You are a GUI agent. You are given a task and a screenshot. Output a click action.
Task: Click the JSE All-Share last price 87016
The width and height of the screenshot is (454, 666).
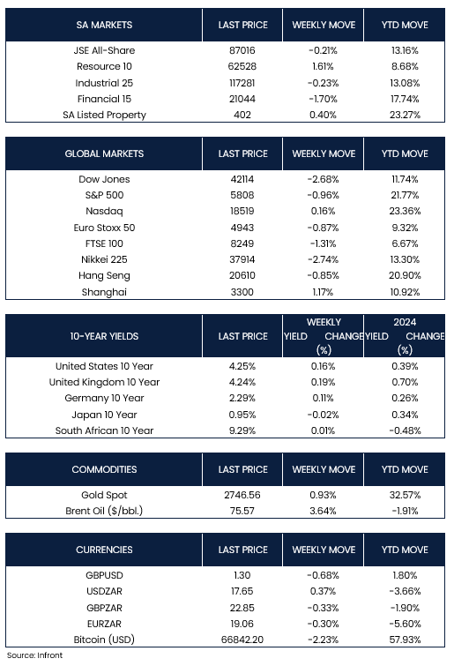point(242,50)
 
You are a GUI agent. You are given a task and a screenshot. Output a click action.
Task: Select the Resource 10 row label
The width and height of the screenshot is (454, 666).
point(104,66)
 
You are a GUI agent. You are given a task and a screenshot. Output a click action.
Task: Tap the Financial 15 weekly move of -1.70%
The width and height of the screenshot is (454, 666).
point(323,99)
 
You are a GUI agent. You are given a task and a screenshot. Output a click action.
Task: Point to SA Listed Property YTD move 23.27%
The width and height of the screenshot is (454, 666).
point(405,115)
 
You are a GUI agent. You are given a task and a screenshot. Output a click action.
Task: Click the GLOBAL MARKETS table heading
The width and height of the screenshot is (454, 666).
point(104,153)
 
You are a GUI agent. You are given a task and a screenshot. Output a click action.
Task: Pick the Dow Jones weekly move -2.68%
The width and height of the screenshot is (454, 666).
point(323,179)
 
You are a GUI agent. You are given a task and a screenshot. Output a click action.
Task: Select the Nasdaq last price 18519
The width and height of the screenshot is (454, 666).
point(242,211)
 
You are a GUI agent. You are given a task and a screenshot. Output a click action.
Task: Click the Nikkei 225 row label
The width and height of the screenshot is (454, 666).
point(104,259)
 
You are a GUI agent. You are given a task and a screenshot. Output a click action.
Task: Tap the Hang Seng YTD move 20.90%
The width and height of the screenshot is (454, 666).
point(405,275)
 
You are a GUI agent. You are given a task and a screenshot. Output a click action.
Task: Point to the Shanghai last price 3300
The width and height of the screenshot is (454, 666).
point(242,292)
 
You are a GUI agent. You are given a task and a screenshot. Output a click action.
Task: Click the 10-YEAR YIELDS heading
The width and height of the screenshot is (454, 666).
point(104,336)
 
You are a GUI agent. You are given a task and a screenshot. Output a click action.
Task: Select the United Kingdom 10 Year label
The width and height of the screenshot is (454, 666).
point(104,382)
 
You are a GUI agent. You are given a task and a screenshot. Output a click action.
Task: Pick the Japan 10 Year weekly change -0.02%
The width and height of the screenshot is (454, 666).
point(323,415)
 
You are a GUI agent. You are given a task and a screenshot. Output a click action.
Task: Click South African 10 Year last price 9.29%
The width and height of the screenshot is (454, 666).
point(242,430)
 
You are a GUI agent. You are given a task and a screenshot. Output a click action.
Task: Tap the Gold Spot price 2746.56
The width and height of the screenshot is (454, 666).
point(242,495)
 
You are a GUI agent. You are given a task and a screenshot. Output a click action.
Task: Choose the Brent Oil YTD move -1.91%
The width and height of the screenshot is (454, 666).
point(405,511)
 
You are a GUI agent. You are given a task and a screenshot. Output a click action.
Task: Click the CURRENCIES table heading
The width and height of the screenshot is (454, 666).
point(104,550)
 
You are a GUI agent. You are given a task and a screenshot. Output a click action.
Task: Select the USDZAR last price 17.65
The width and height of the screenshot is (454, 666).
point(242,591)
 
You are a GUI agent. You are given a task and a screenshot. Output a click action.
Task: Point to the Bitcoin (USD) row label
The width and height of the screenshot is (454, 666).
point(104,640)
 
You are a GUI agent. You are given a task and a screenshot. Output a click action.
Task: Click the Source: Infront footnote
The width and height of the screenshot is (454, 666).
point(34,655)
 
